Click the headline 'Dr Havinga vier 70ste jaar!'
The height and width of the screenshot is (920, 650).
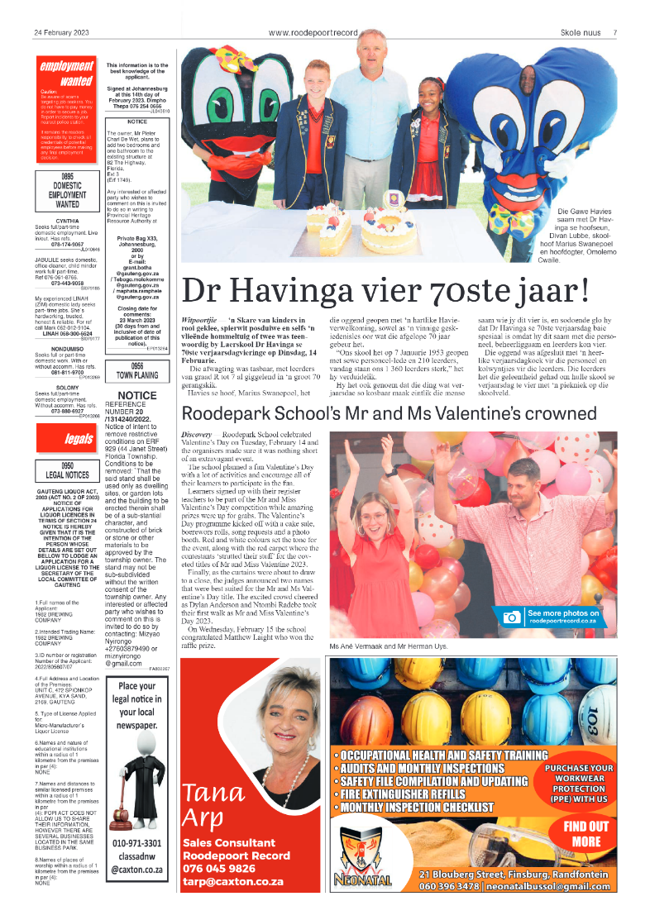(x=385, y=291)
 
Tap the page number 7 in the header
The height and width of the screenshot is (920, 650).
(x=614, y=32)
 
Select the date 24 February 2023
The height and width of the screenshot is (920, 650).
(x=61, y=32)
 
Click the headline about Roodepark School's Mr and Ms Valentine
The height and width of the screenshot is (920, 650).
(x=399, y=413)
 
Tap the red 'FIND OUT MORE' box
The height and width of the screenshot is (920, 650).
(x=585, y=833)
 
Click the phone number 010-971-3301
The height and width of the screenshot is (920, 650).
(x=137, y=843)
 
